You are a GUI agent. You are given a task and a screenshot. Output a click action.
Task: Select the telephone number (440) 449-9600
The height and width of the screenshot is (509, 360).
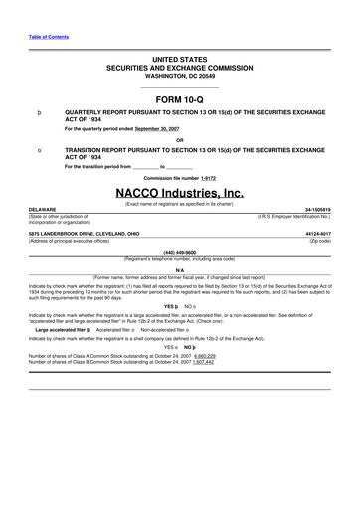[x=179, y=253]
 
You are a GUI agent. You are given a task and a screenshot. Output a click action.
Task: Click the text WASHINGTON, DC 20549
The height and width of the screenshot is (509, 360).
[x=180, y=75]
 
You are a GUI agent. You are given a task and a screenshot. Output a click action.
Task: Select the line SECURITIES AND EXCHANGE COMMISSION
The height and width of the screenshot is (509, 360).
[x=180, y=67]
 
